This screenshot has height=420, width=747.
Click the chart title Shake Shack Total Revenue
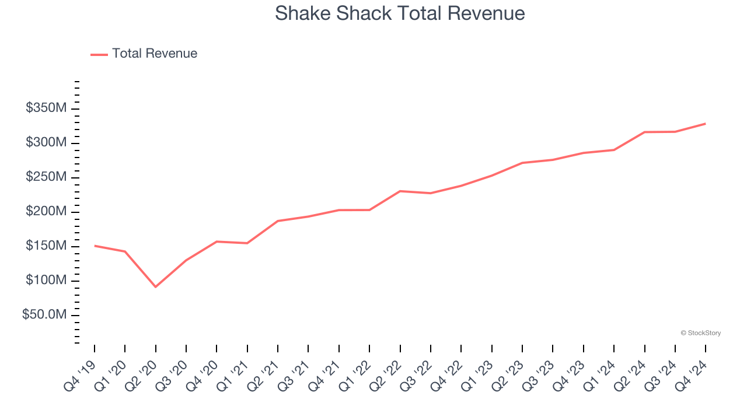tap(400, 13)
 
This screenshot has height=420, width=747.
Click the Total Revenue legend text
tap(155, 54)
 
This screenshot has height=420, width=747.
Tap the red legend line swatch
tap(99, 54)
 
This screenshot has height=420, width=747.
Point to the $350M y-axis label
tap(46, 108)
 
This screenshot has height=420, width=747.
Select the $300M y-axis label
tap(46, 143)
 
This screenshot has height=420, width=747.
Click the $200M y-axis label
tap(46, 212)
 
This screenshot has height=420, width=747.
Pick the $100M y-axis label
tap(46, 281)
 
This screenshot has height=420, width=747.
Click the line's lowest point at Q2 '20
tap(155, 286)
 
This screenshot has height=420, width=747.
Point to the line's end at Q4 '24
tap(705, 124)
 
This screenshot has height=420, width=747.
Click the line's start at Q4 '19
tap(95, 246)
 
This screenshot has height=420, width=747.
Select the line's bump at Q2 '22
tap(400, 191)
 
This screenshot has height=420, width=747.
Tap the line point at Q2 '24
tap(644, 132)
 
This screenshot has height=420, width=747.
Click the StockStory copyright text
tap(700, 333)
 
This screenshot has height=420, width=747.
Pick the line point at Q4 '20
tap(217, 242)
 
